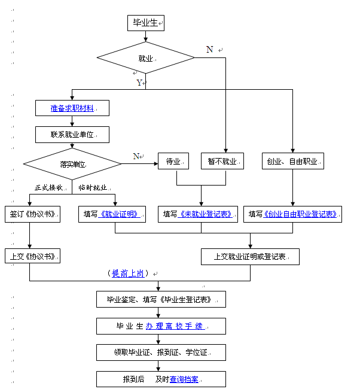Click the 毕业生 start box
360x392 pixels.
(x=145, y=23)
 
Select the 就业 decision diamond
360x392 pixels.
(x=146, y=58)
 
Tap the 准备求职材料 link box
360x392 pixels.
(x=72, y=108)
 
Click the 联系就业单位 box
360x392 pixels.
(x=72, y=135)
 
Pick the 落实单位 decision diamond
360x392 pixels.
(x=72, y=163)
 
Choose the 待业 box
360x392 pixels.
(x=173, y=161)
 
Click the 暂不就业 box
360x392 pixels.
(x=222, y=161)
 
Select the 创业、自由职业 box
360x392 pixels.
(x=293, y=161)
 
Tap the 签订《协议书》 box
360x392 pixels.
(x=33, y=214)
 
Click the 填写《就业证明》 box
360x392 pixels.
(x=112, y=214)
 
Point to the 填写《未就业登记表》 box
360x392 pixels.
(x=199, y=214)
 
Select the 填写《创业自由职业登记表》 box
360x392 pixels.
(x=292, y=214)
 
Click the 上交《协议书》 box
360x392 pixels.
(x=33, y=256)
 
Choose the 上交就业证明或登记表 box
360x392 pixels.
(x=250, y=257)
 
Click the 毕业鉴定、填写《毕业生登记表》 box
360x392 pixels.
(x=161, y=299)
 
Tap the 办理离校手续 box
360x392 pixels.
(x=161, y=326)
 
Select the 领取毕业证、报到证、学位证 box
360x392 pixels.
(x=161, y=353)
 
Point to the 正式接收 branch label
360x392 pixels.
(x=48, y=187)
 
